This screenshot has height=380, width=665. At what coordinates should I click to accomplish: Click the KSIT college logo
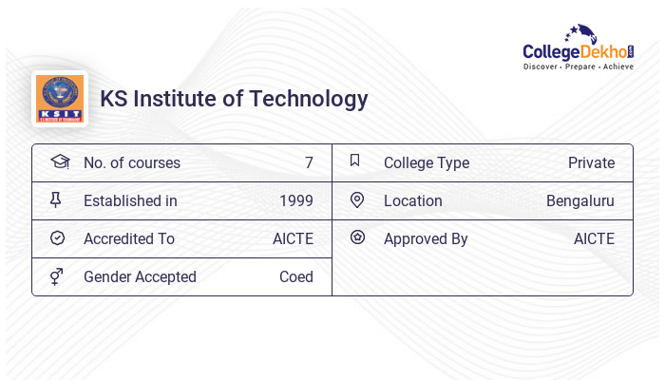pos(59,99)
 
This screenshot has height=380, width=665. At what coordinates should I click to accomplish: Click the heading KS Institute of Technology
pos(234,99)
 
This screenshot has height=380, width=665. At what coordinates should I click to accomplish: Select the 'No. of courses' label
pos(131,162)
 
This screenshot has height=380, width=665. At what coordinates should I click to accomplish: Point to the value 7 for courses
pos(309,162)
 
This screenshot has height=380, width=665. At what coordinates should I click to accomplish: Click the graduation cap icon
pos(59,161)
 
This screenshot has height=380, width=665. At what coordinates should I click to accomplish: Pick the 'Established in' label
pos(130,200)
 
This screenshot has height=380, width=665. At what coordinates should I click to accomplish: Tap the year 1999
pos(296,200)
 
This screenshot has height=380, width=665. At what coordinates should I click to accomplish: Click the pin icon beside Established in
pos(57,199)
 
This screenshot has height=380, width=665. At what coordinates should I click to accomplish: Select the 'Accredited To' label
pos(129,238)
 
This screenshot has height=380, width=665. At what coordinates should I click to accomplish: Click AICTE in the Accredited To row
pos(293,238)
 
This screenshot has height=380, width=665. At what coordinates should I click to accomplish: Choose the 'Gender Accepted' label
pos(140,276)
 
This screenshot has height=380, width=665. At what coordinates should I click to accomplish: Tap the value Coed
pos(296,276)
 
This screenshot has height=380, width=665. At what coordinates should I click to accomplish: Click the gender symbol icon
pos(57,276)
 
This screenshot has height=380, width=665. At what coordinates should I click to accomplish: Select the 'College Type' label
pos(427,162)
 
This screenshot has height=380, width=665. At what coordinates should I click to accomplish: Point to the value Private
pos(591,162)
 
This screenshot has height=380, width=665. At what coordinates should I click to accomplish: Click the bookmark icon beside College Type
pos(355,161)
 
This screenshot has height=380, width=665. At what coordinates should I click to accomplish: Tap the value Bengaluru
pos(579,200)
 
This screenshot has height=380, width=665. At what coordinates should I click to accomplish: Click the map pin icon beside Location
pos(356,199)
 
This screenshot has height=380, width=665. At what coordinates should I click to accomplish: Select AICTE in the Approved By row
pos(594,238)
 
